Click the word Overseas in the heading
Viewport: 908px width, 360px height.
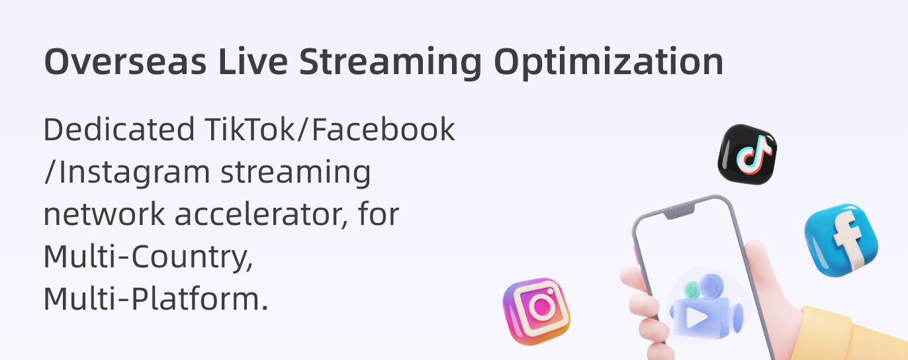coord(125,62)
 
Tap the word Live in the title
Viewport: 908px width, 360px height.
coord(253,61)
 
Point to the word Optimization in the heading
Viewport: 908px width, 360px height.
coord(608,64)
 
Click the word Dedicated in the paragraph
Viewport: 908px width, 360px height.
coord(118,129)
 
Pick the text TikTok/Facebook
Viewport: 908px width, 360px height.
coord(330,129)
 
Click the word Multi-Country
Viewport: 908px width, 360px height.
coord(148,257)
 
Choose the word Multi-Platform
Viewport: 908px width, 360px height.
coord(156,298)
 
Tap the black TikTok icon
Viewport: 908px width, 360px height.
coord(747,154)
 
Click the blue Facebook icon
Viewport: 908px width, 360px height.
coord(841,240)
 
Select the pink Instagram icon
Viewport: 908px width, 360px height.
coord(536,311)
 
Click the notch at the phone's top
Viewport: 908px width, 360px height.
coord(680,212)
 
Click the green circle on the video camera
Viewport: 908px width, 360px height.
coord(692,289)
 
